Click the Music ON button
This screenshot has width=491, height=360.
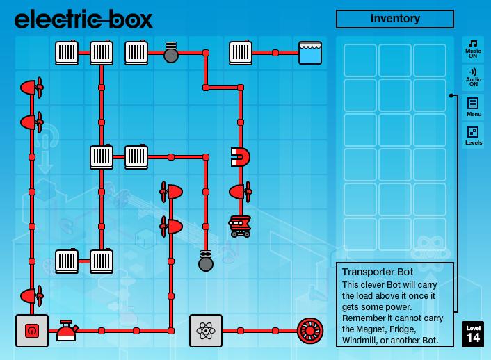[x=473, y=47]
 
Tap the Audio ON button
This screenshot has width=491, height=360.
[x=473, y=76]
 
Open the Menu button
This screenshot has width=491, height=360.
[x=473, y=106]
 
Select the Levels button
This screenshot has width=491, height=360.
[x=473, y=136]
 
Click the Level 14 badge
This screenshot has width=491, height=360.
[x=473, y=334]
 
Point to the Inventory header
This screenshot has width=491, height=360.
[x=394, y=19]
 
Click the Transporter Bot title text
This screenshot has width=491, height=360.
[x=378, y=272]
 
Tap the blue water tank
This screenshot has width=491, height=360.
[x=310, y=53]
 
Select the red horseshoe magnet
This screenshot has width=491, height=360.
[x=241, y=157]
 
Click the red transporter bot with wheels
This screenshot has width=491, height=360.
[x=241, y=226]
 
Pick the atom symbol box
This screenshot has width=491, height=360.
[x=206, y=331]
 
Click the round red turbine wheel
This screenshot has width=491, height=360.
[x=310, y=331]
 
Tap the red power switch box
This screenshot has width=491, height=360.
[x=32, y=331]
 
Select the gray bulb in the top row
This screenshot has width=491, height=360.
[x=171, y=53]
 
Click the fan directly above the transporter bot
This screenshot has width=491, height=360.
[x=241, y=191]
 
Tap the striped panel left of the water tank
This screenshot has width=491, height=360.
[x=241, y=53]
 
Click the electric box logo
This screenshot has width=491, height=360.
[x=83, y=19]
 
